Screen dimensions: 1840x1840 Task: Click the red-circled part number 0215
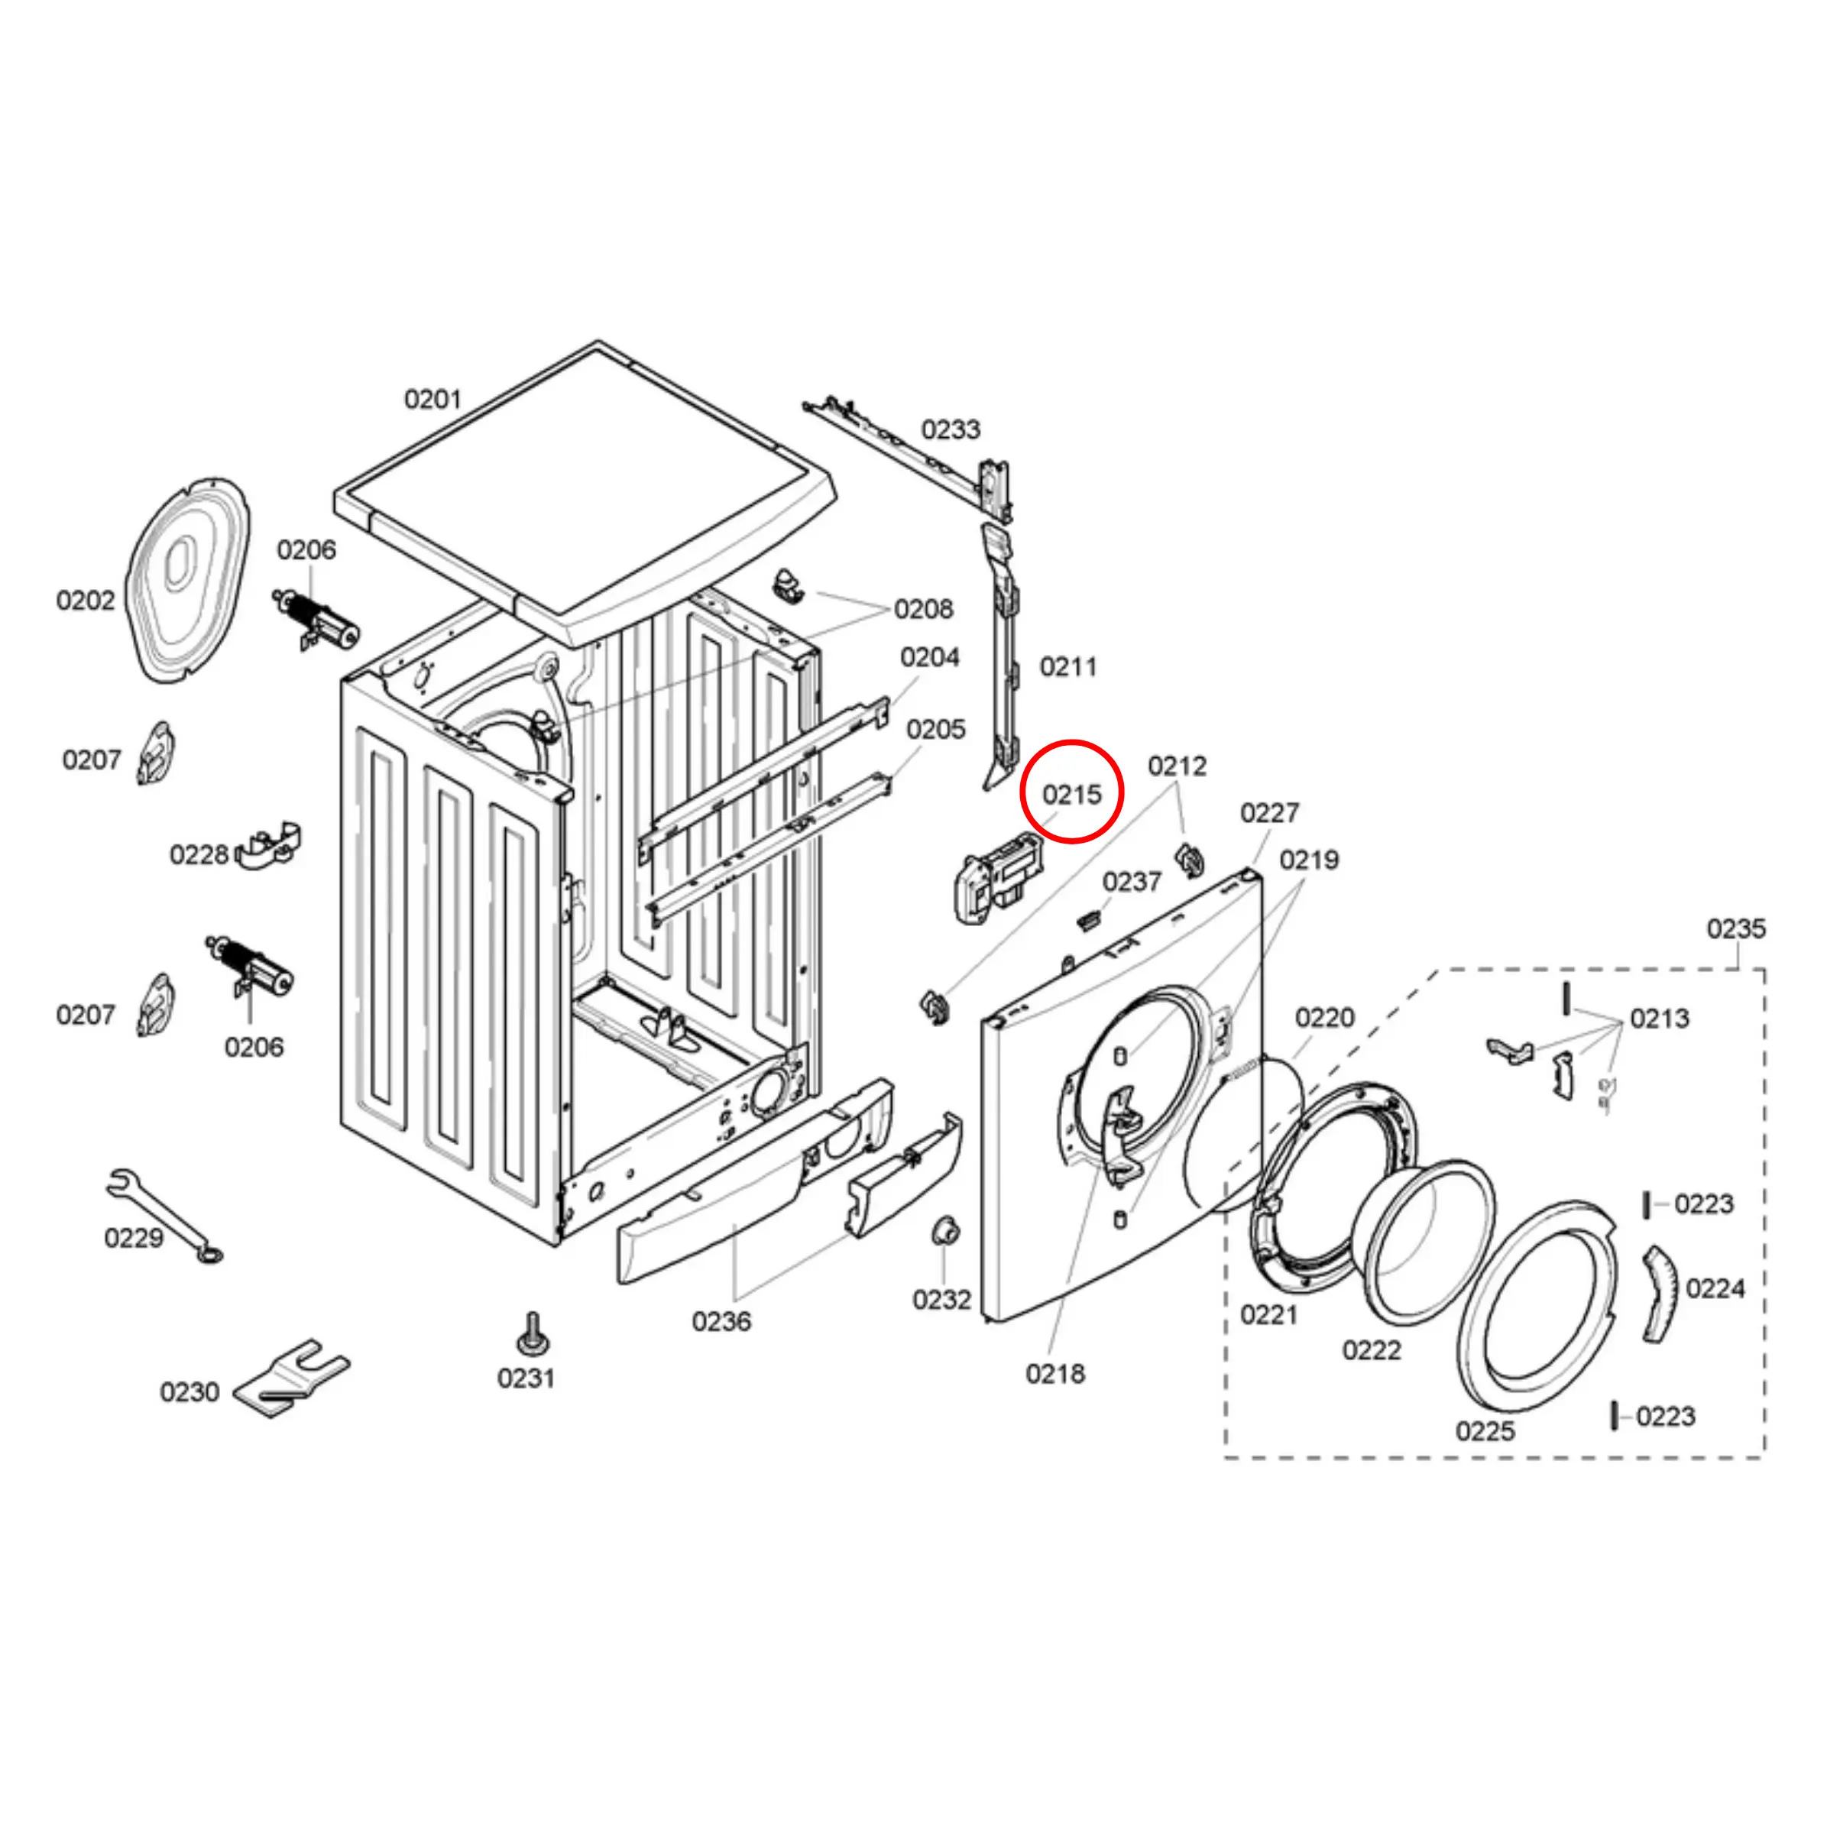click(1071, 794)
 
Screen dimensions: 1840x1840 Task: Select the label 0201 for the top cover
click(432, 399)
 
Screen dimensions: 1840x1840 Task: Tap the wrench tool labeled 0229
click(162, 1215)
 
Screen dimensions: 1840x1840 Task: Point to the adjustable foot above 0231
click(530, 1334)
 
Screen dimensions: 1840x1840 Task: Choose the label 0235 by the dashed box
click(1735, 928)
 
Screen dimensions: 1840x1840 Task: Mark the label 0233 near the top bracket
click(951, 429)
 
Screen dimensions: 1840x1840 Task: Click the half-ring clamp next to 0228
click(267, 847)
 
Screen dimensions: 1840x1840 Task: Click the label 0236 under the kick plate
click(721, 1321)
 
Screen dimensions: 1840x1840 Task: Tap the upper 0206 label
click(306, 549)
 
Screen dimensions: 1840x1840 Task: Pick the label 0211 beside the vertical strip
click(1067, 666)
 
